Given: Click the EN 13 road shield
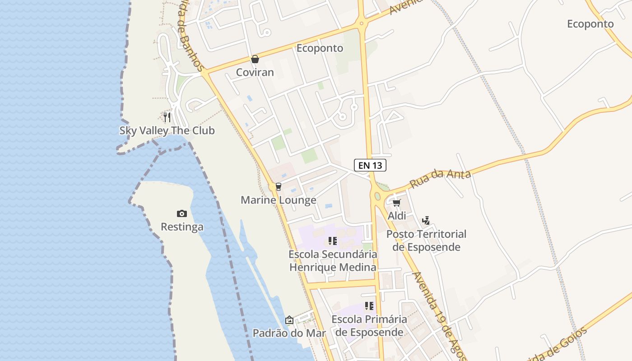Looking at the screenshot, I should coord(370,165).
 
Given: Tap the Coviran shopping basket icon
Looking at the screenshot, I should coord(255,59).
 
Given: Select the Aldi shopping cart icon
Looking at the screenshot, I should coord(396,203).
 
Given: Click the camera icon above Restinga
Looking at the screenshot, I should coord(182,213).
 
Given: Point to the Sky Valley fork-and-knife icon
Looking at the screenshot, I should coord(167,117).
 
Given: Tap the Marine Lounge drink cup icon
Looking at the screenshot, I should coord(278,187).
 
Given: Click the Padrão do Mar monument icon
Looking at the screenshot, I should coord(289,320).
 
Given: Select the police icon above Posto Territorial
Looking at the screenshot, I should coord(426,221).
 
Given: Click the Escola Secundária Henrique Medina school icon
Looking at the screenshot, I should coord(333,241).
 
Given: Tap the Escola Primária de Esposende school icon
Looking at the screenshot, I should coord(369,306).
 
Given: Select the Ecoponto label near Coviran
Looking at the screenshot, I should coord(320,48).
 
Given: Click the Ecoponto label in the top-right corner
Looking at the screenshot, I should coord(590,24).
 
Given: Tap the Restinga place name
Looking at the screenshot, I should coord(182,227).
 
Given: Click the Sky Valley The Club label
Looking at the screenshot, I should coord(167,130).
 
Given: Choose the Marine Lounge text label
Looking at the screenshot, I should coord(278,200).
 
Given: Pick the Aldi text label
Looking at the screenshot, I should coord(397,216).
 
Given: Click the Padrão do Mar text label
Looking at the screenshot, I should coord(289,333).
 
